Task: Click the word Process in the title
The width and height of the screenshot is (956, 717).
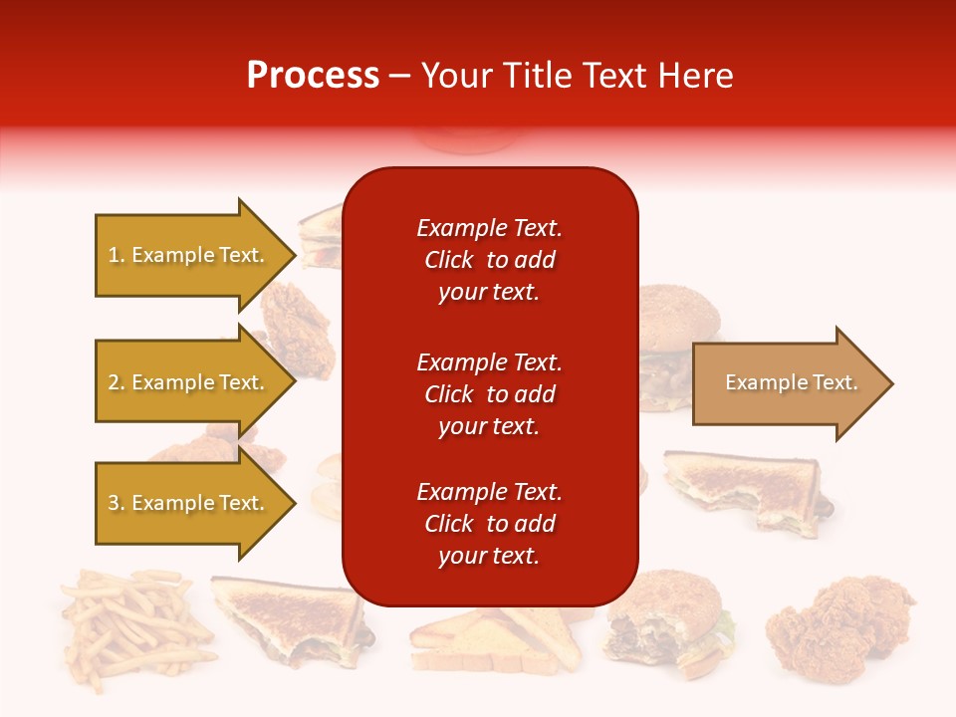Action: click(x=313, y=76)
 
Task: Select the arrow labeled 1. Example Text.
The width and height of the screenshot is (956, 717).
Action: click(x=189, y=255)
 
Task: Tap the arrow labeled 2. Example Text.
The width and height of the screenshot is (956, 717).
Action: click(x=189, y=382)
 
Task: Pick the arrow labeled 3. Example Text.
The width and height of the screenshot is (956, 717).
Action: click(x=189, y=503)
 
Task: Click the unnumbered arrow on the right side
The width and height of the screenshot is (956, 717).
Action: click(x=787, y=383)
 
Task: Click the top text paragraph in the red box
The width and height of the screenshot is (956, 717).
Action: click(x=489, y=260)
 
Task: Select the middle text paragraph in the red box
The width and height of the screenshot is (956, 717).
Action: click(x=489, y=394)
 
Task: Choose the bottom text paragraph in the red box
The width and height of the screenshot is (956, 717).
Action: click(x=489, y=524)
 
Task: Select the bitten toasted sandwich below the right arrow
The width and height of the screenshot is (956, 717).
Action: click(x=742, y=488)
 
